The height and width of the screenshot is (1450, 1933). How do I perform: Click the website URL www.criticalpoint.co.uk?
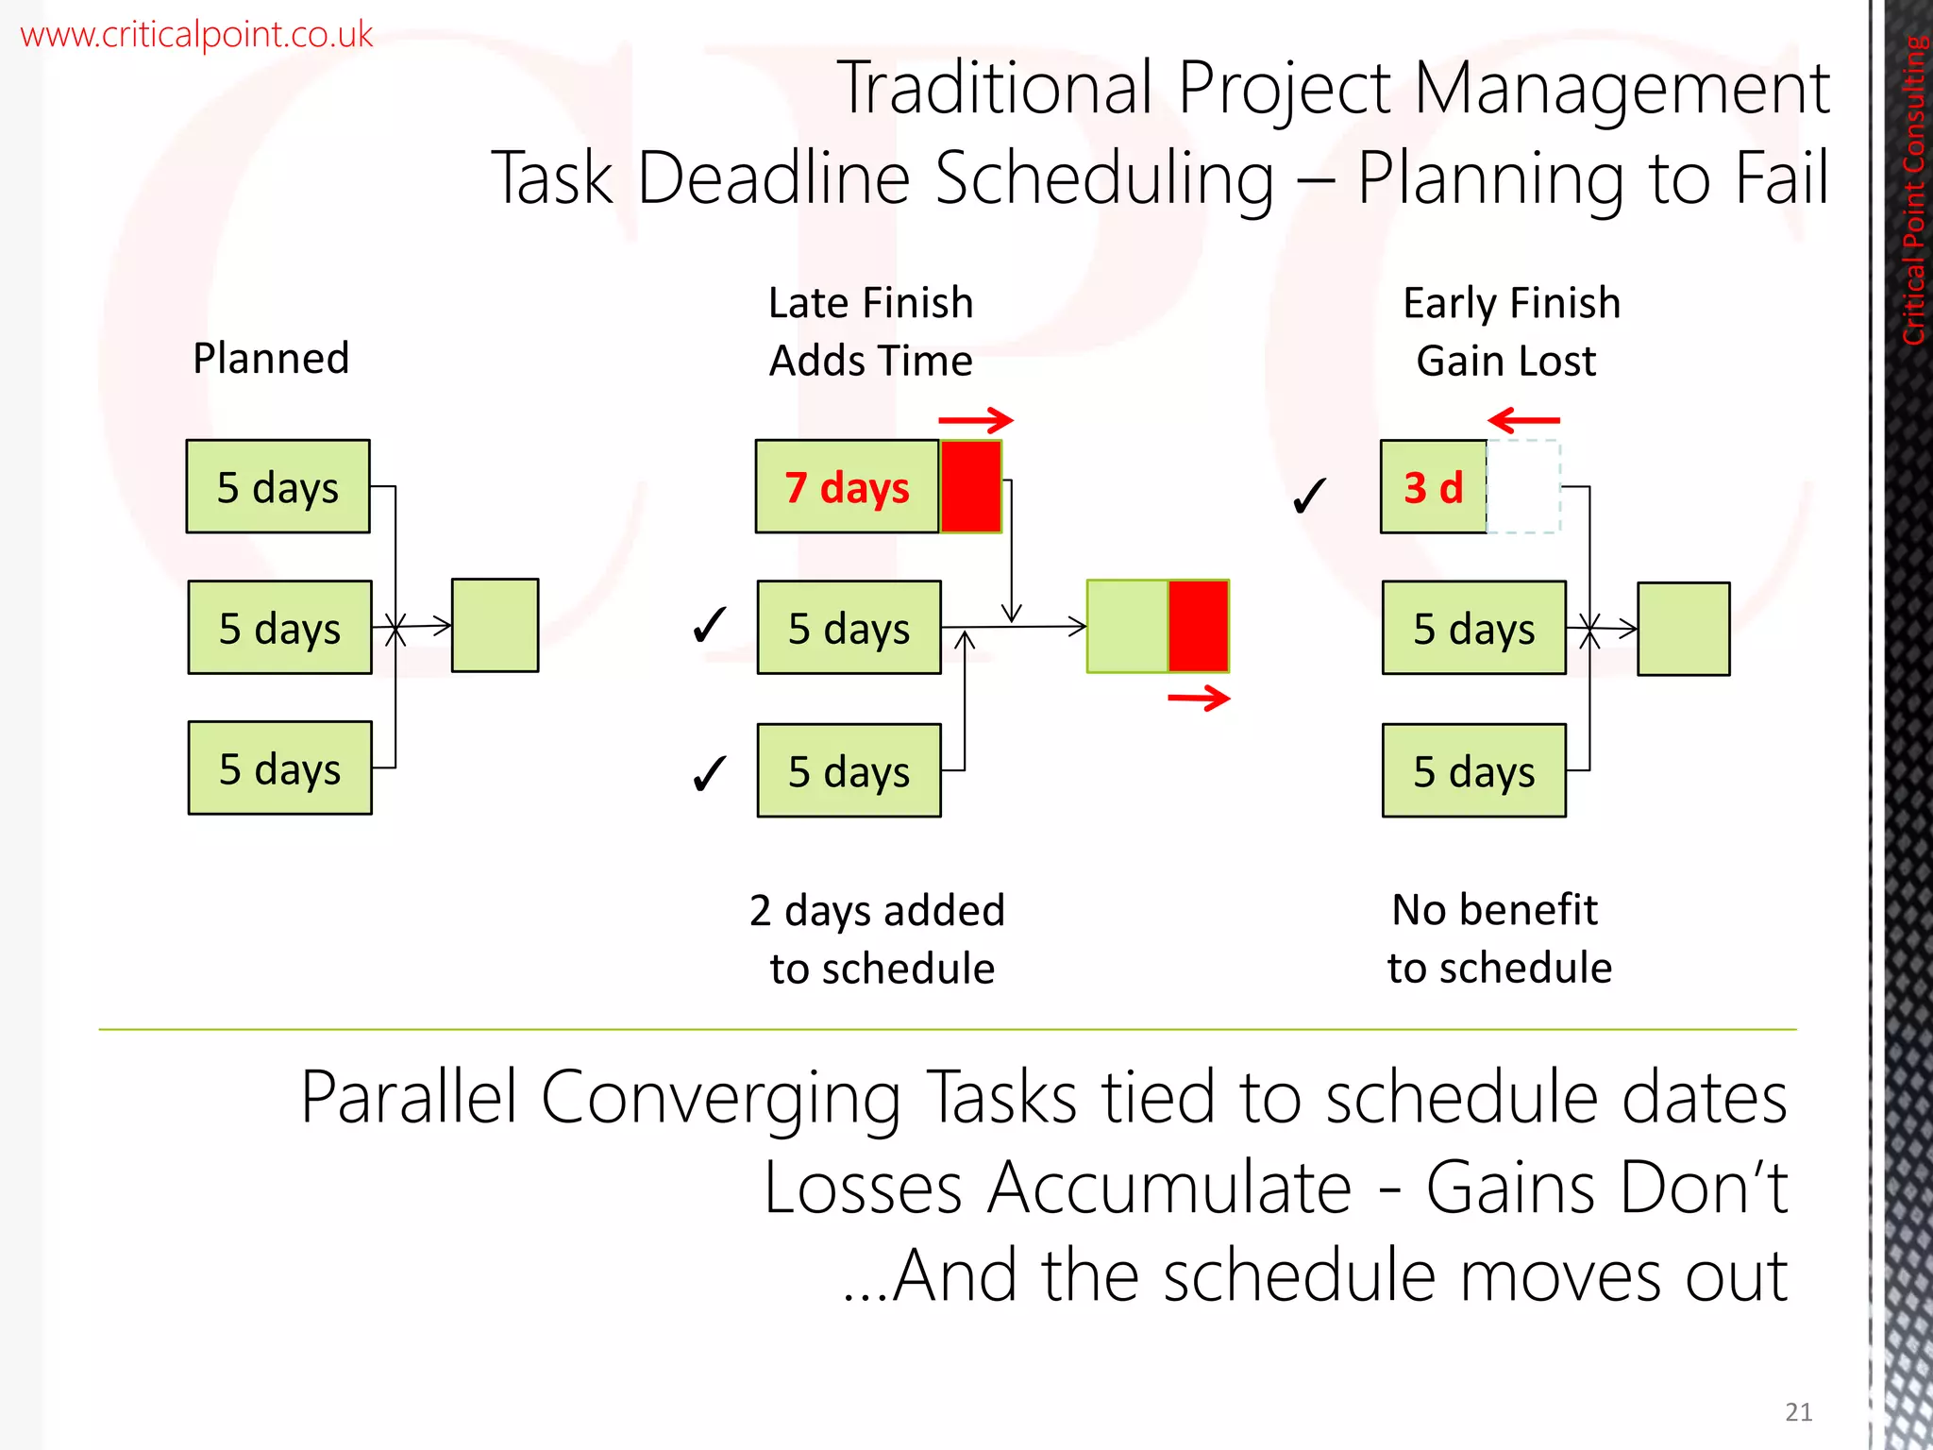tap(196, 35)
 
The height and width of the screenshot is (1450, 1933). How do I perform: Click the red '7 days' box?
tap(847, 487)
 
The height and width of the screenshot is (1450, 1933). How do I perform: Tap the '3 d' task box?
tap(1433, 487)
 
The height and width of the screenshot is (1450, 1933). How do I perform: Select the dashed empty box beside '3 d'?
tap(1523, 487)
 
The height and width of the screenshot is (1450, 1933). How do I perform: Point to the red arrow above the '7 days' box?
tap(975, 420)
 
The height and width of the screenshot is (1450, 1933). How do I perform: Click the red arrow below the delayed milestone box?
tap(1199, 699)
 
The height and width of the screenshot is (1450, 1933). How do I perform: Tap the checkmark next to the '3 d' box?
tap(1310, 495)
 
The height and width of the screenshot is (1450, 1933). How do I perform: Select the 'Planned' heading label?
tap(271, 359)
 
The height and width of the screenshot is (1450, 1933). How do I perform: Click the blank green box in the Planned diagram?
tap(495, 625)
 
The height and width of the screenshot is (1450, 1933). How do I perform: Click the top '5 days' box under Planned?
tap(277, 487)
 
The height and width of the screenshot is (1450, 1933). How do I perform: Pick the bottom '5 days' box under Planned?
tap(279, 768)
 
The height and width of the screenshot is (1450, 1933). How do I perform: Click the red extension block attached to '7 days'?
tap(970, 487)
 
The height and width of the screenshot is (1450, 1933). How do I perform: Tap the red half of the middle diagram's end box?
tap(1199, 626)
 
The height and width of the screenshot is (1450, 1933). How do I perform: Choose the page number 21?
tap(1798, 1411)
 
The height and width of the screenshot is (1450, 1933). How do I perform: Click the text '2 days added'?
tap(877, 911)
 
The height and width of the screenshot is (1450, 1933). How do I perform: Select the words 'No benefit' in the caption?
tap(1495, 910)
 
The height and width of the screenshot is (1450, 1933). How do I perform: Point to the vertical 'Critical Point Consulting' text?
tap(1913, 189)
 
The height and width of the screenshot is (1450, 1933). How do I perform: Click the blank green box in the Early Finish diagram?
tap(1683, 629)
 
